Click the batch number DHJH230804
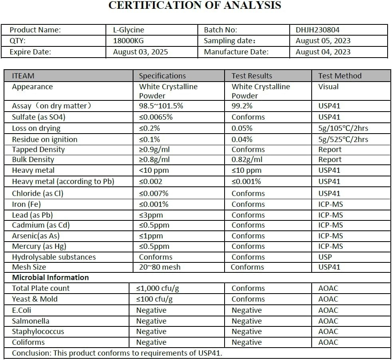pyautogui.click(x=318, y=30)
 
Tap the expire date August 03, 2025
pyautogui.click(x=140, y=52)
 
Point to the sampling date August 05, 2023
pyautogui.click(x=323, y=40)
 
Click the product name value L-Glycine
pyautogui.click(x=129, y=30)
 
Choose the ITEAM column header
pyautogui.click(x=23, y=76)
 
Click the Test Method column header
pyautogui.click(x=340, y=76)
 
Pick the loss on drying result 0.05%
pyautogui.click(x=242, y=128)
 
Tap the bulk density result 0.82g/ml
pyautogui.click(x=247, y=160)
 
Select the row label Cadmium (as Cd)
pyautogui.click(x=41, y=225)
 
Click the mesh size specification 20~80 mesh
pyautogui.click(x=159, y=267)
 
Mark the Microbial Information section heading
pyautogui.click(x=50, y=277)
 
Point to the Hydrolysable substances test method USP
pyautogui.click(x=325, y=257)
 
